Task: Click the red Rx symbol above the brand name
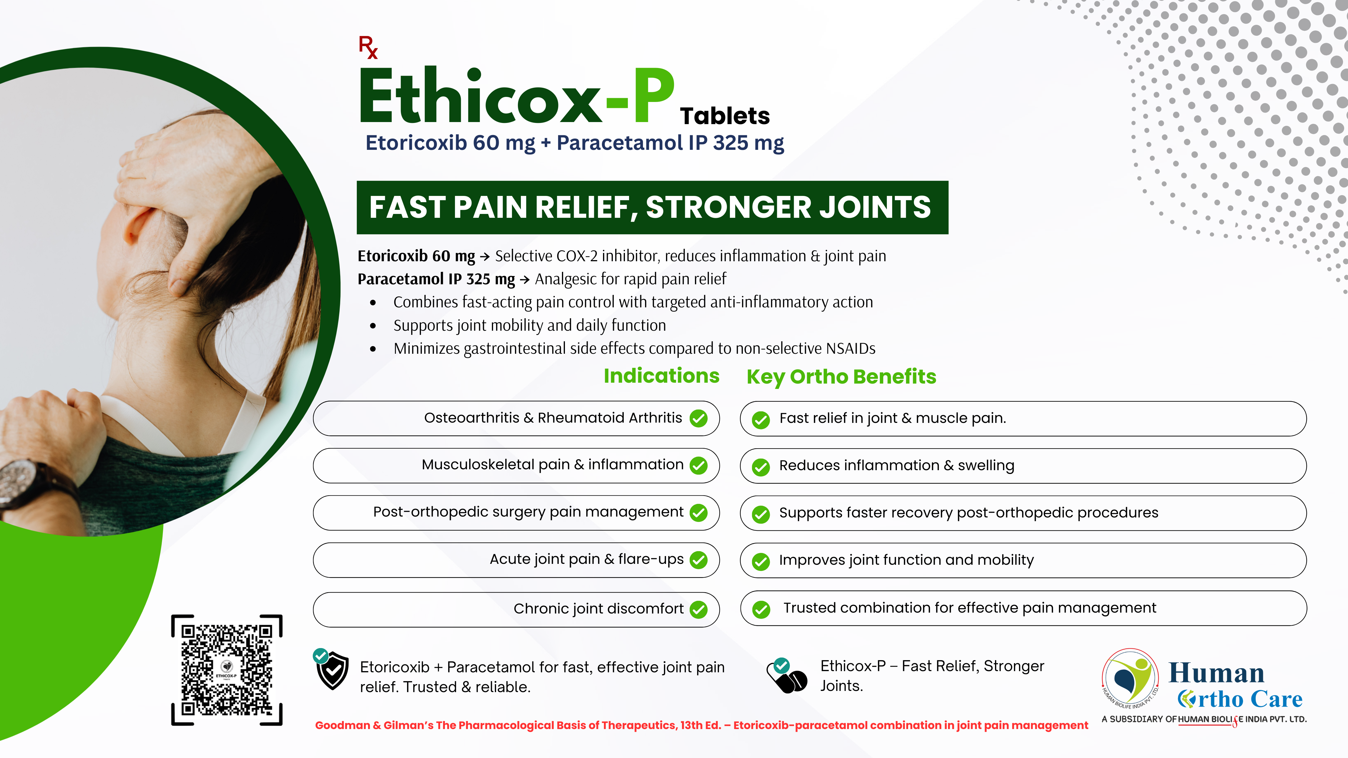(368, 47)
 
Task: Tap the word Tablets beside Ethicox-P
(725, 116)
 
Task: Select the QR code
(226, 670)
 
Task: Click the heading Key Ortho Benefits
(841, 377)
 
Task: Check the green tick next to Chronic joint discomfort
(699, 609)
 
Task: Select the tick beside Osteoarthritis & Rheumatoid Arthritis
(699, 418)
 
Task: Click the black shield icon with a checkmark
(332, 670)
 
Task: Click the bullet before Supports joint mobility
(372, 326)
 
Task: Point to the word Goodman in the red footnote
(342, 725)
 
